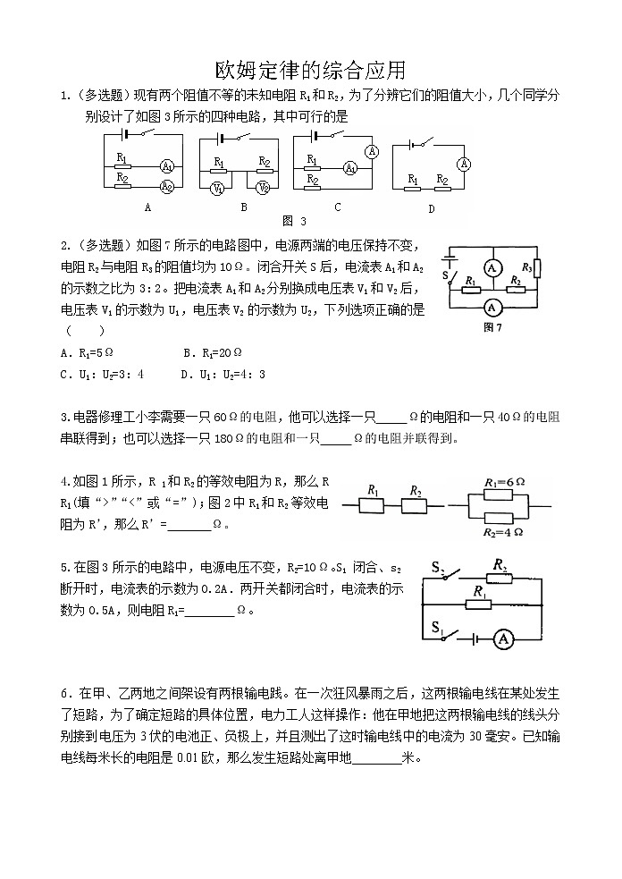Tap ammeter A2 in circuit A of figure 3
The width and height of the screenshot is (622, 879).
pyautogui.click(x=166, y=186)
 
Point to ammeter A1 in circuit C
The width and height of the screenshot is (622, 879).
pyautogui.click(x=351, y=167)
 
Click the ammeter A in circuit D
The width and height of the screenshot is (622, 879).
pyautogui.click(x=463, y=164)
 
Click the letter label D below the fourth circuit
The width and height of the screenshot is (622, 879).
pyautogui.click(x=431, y=209)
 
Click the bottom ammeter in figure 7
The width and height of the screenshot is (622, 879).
pyautogui.click(x=490, y=307)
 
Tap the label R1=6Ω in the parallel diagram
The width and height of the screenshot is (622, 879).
pyautogui.click(x=503, y=482)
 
